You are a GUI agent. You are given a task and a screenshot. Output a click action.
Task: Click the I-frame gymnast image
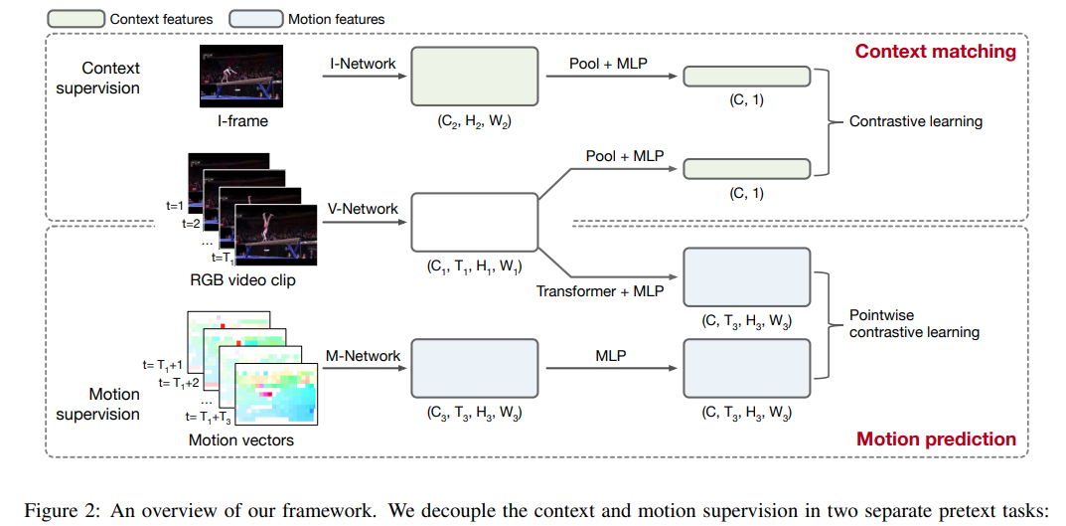pos(241,76)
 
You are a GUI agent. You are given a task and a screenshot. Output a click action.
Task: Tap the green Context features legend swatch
pos(76,19)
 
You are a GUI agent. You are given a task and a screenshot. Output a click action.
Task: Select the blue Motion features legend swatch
pos(255,19)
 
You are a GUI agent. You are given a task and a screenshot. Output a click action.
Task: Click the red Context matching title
pos(935,52)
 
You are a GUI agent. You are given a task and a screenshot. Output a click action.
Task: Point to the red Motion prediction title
pos(937,438)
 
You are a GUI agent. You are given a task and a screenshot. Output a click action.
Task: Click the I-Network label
pos(363,63)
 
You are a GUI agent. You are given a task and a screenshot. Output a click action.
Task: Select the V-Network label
pos(363,209)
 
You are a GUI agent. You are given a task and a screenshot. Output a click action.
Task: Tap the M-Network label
pos(363,355)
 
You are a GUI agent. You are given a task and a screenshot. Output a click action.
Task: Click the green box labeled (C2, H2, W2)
pos(475,77)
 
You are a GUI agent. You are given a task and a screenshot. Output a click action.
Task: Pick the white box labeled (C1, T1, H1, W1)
pos(475,222)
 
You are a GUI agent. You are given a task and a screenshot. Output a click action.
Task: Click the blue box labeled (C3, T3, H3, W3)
pos(475,368)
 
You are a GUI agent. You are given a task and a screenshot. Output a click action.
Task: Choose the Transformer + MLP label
pos(600,291)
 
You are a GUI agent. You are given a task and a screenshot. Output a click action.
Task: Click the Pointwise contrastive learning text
pos(914,324)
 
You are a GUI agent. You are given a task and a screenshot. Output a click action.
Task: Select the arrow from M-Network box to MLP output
pos(612,368)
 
